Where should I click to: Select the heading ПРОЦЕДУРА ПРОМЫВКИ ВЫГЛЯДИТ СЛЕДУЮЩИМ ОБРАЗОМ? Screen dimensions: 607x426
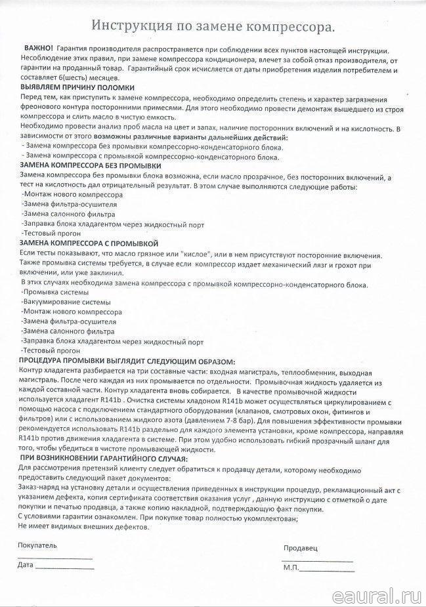click(127, 362)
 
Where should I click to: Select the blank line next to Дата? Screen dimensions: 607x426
click(65, 566)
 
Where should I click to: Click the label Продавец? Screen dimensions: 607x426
click(300, 547)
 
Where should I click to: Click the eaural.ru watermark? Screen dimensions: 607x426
click(375, 594)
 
